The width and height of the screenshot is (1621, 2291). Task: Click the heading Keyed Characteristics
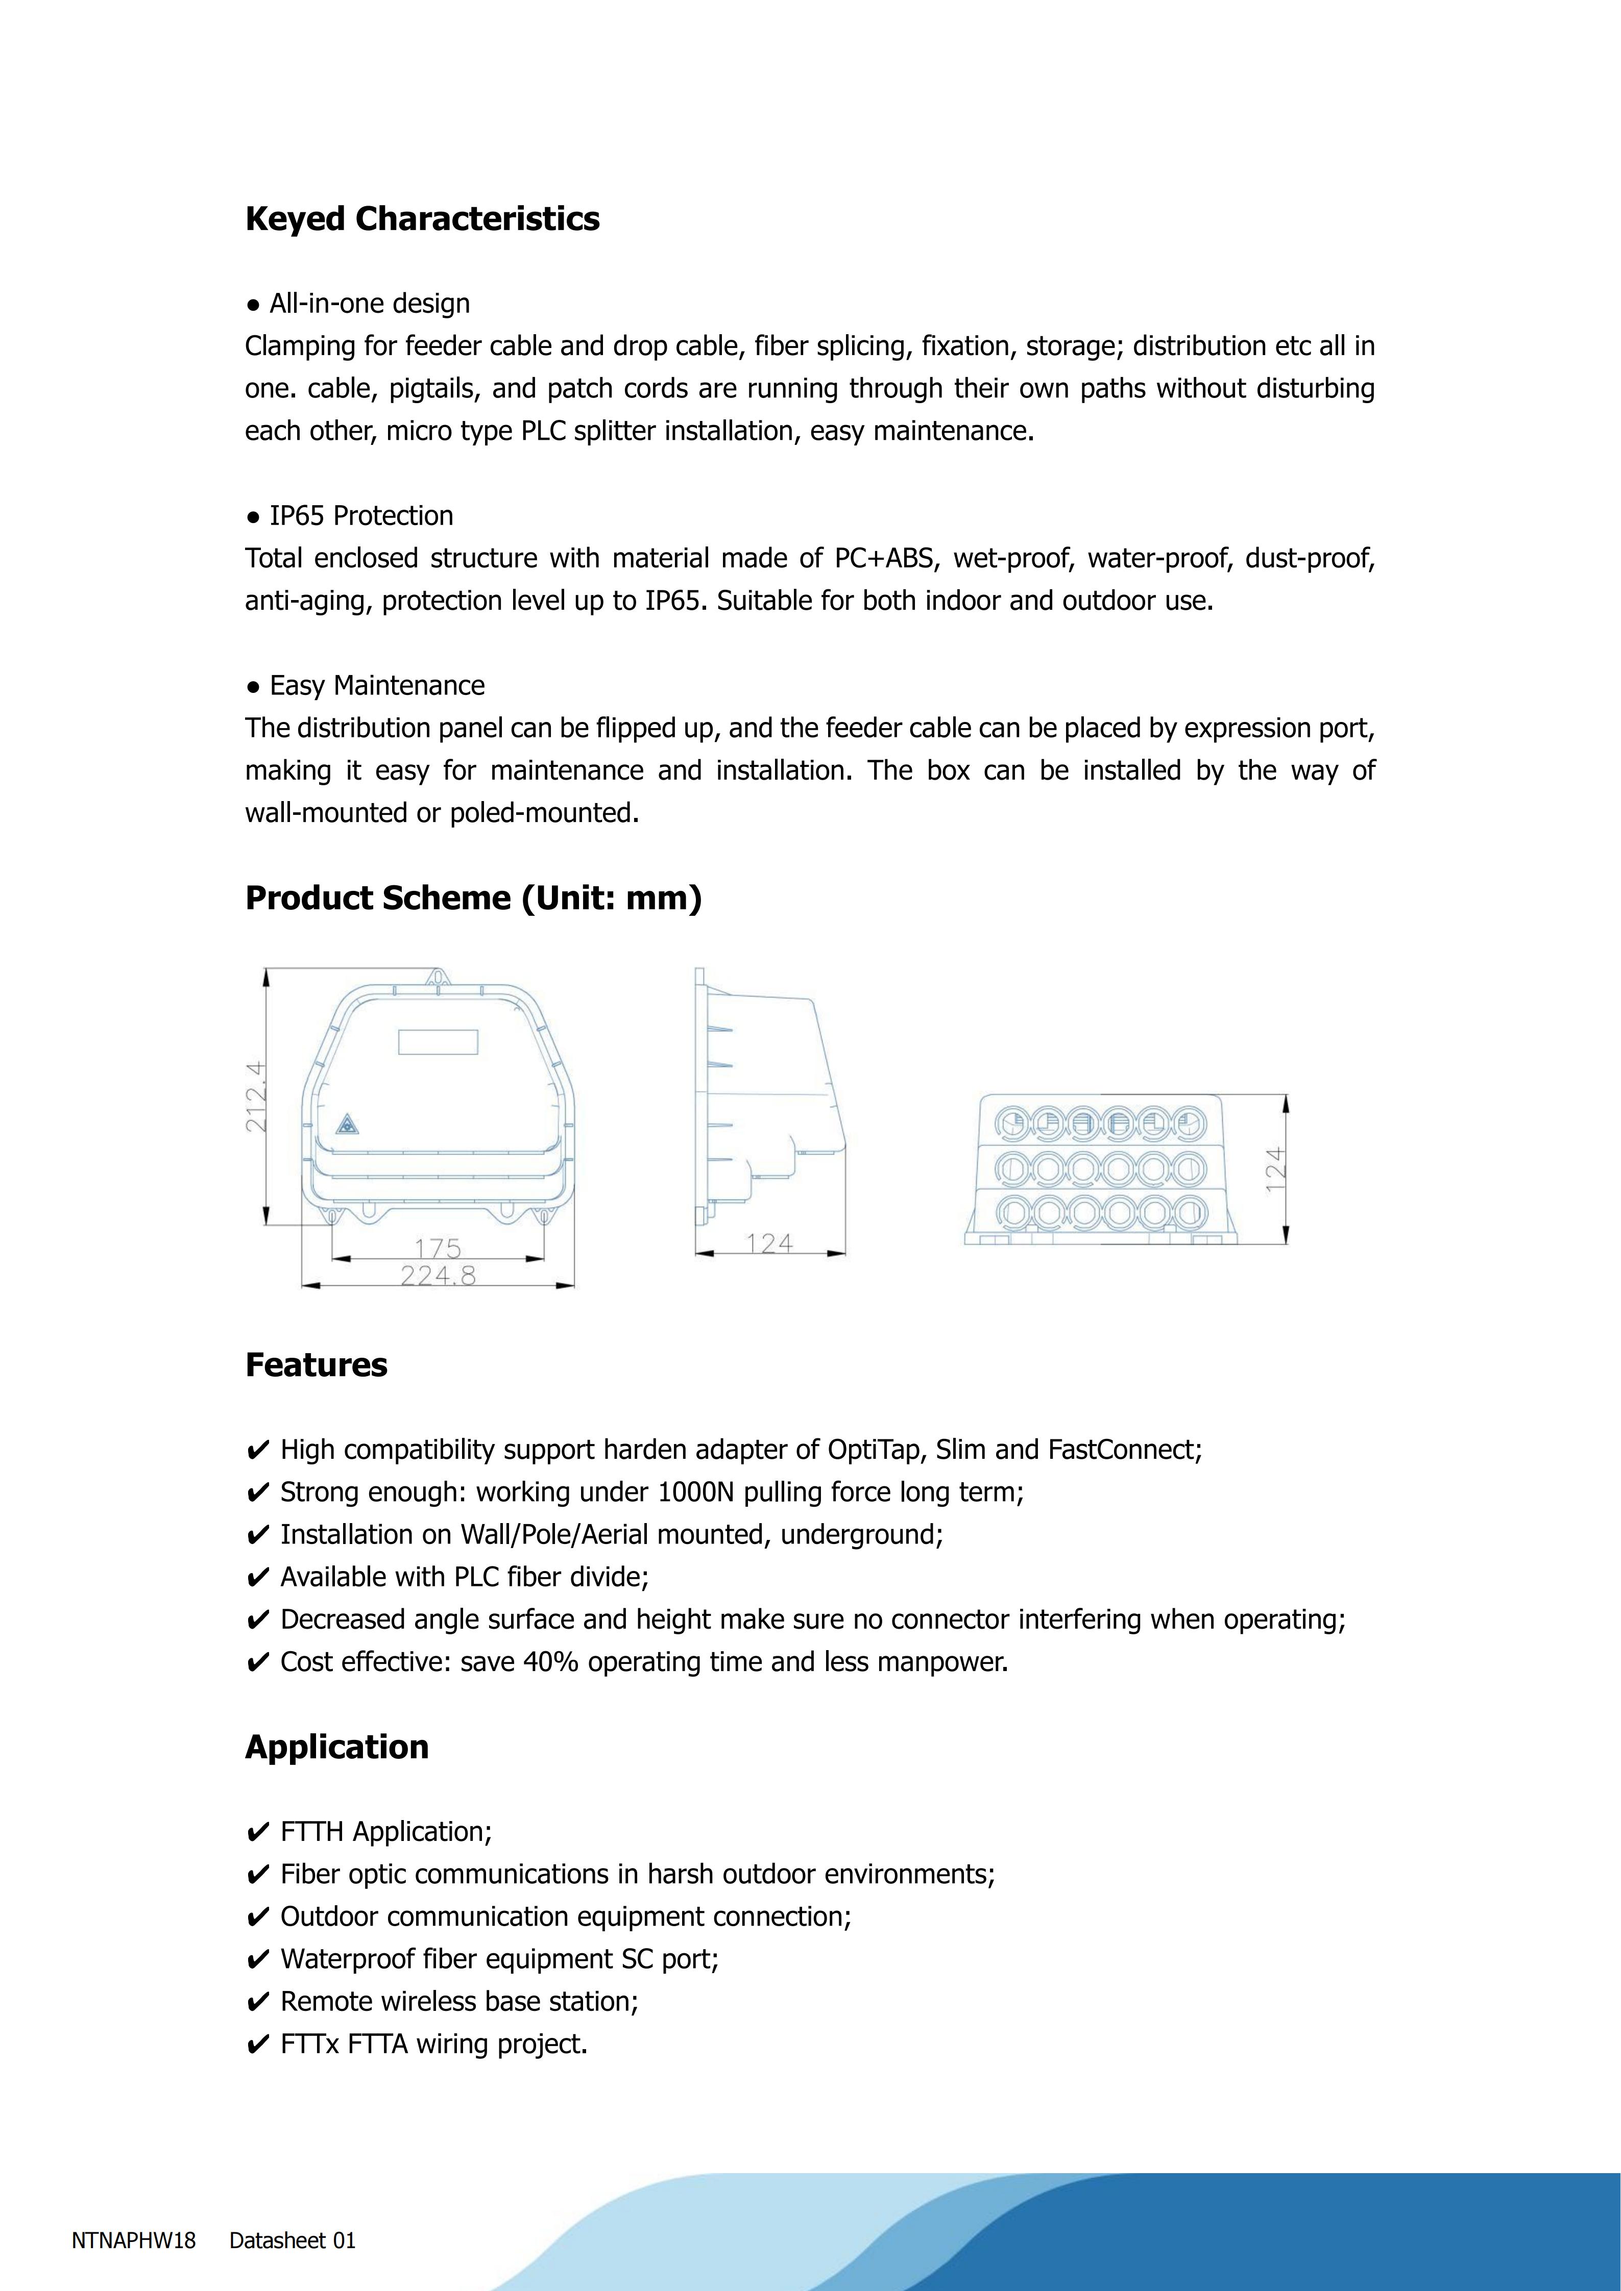(422, 218)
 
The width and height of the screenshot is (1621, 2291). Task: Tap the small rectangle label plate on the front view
(438, 1042)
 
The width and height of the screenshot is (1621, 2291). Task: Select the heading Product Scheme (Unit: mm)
(473, 898)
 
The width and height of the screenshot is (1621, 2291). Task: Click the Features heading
(317, 1364)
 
